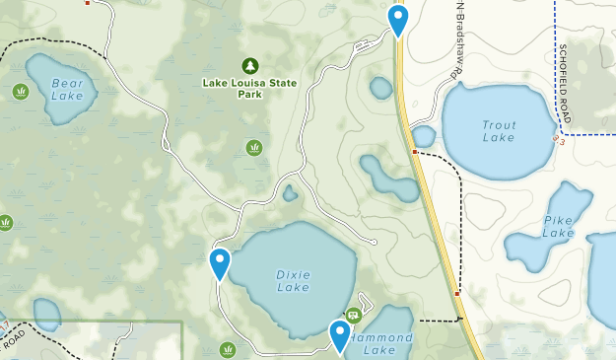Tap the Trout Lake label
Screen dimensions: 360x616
click(x=499, y=131)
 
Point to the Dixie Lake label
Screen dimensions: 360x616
click(x=293, y=280)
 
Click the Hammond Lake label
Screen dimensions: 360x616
click(x=379, y=344)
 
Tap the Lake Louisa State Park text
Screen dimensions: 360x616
click(x=248, y=89)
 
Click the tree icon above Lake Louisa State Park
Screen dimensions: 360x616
click(x=249, y=65)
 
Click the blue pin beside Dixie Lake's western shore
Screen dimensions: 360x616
click(x=220, y=263)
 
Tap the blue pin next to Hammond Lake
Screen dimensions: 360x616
click(x=340, y=335)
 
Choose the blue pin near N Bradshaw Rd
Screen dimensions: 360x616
click(x=397, y=19)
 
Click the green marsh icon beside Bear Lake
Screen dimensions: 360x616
click(x=21, y=92)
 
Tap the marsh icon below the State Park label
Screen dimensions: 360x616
click(x=254, y=148)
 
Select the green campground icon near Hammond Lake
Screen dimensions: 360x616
click(x=353, y=316)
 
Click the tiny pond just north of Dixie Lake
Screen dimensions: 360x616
click(x=290, y=193)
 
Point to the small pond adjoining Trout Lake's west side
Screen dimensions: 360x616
click(x=424, y=136)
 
